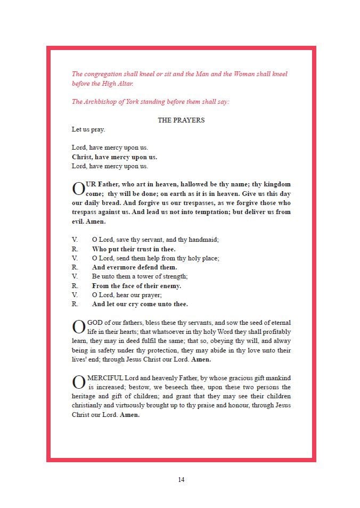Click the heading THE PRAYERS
click(181, 120)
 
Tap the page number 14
click(181, 480)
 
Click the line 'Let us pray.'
click(88, 129)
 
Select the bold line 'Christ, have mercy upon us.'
click(114, 157)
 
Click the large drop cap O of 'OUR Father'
click(78, 189)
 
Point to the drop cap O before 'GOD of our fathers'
click(78, 327)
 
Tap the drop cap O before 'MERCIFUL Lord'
click(78, 383)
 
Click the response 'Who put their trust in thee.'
click(134, 249)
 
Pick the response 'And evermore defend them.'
click(134, 267)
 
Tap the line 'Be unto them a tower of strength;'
click(140, 276)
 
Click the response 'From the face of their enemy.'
click(136, 286)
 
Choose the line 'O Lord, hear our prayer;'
click(127, 295)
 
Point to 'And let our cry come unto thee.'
click(140, 304)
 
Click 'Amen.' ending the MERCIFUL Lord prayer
click(129, 415)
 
